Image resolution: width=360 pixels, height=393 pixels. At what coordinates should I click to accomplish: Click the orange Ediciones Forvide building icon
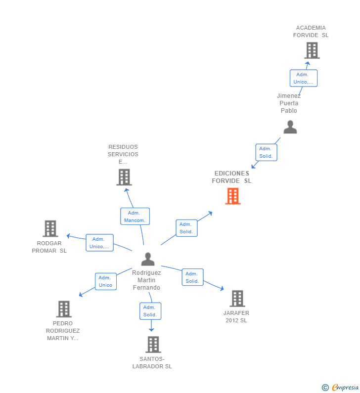pos(233,196)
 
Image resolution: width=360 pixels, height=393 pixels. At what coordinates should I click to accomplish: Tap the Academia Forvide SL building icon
pos(312,50)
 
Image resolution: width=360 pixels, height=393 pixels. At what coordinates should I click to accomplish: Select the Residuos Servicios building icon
pos(124,177)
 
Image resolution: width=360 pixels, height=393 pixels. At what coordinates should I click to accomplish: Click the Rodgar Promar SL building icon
pos(50,228)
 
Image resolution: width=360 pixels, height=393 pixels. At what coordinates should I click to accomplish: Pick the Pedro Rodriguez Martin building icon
pos(64,309)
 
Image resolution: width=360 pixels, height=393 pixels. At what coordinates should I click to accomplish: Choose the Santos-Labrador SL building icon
pos(153,345)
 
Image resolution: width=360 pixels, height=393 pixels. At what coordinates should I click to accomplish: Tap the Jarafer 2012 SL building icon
pos(237,299)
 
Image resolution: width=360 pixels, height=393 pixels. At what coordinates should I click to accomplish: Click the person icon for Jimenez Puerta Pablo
pos(290,128)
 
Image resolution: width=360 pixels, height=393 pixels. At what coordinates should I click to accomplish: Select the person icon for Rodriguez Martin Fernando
pos(148,259)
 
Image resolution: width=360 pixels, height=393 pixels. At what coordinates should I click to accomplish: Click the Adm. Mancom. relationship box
pos(135,217)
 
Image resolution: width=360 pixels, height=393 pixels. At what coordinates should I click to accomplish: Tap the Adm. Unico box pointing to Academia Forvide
pos(304,78)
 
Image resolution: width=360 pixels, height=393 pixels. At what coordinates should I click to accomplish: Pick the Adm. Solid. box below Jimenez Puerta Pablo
pos(266,152)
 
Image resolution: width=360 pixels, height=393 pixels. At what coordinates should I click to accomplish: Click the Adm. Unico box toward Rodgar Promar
pos(99,243)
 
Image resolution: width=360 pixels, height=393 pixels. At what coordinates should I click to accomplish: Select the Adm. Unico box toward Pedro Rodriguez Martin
pos(106,281)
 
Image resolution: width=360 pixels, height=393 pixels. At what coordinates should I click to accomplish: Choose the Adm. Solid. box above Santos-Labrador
pos(150,311)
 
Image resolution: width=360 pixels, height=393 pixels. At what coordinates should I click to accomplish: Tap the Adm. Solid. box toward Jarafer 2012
pos(192,277)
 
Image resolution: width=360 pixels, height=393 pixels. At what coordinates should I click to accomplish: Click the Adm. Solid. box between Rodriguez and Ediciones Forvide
pos(186,228)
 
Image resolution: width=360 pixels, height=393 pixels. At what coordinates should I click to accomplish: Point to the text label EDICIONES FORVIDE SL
pos(231,177)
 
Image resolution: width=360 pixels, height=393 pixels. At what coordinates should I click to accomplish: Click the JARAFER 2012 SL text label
pos(236,316)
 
